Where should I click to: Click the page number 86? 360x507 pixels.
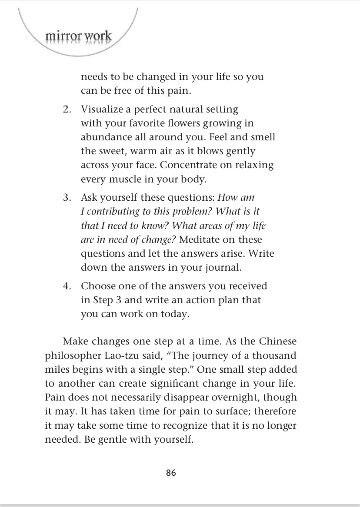point(171,473)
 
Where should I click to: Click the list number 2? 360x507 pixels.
point(67,109)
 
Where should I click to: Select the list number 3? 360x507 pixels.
point(67,198)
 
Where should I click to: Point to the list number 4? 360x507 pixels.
point(67,286)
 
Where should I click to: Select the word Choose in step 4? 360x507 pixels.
point(98,286)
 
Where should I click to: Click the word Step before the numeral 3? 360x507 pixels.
point(103,300)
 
